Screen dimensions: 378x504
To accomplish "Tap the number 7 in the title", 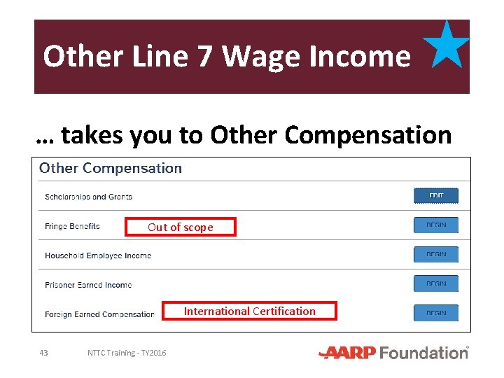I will [x=205, y=56].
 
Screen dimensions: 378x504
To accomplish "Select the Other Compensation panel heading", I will [x=111, y=169].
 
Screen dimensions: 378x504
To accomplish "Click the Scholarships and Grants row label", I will [x=88, y=197].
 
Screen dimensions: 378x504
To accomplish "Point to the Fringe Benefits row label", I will [x=72, y=226].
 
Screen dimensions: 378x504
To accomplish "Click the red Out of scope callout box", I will [x=181, y=227].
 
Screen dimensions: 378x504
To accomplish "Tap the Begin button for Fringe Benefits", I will [x=435, y=225].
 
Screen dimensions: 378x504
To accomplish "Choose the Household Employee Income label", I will [x=98, y=255].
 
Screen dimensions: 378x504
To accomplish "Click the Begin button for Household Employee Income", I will [x=435, y=254].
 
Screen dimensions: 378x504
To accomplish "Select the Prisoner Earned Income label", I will [x=88, y=285].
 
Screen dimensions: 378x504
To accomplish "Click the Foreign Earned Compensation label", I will [x=99, y=314].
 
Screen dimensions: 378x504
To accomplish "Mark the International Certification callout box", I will [x=250, y=311].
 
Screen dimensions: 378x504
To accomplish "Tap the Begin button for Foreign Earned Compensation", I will [x=435, y=313].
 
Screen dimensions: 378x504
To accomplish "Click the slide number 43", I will [x=43, y=353].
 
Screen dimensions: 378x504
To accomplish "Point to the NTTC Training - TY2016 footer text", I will [x=127, y=353].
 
